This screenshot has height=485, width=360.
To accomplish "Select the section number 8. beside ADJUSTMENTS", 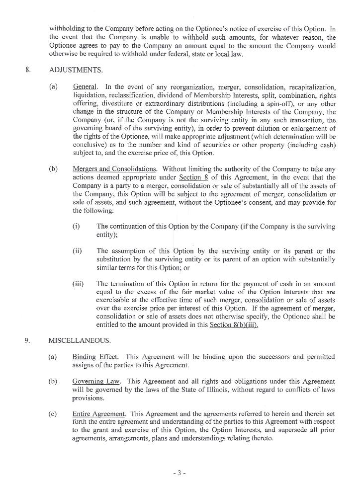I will click(x=28, y=70).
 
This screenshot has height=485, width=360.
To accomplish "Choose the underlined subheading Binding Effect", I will click(x=95, y=357).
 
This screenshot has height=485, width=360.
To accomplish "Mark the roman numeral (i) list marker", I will click(x=76, y=226).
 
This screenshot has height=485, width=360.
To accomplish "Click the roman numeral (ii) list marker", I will click(x=77, y=251).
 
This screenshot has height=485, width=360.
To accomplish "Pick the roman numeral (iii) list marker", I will click(x=78, y=284).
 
